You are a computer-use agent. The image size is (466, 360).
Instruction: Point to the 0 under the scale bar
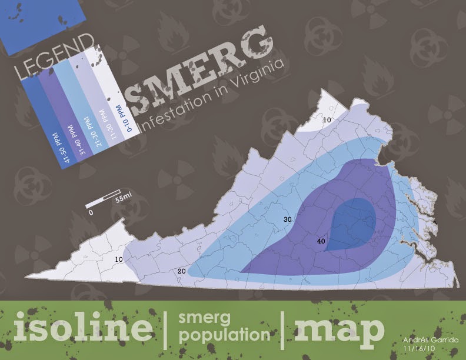point(91,214)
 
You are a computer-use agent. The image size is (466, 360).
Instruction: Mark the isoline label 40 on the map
point(321,241)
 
